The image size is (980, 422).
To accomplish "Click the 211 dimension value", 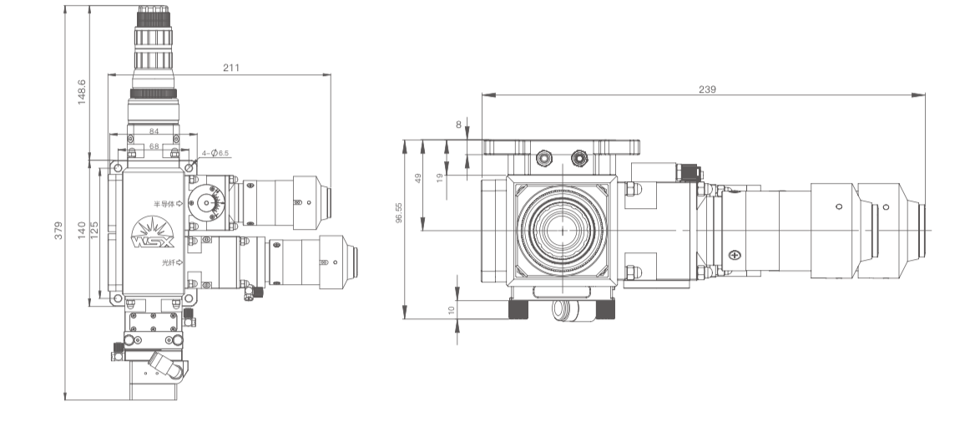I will [x=231, y=68].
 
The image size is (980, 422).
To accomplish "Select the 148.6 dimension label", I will [x=82, y=93].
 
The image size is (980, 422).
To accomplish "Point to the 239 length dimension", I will [x=707, y=89].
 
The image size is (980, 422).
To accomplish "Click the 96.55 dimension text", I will [x=400, y=213].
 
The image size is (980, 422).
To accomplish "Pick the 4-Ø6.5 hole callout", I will [x=218, y=153].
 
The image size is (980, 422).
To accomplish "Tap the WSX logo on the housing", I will [x=154, y=234].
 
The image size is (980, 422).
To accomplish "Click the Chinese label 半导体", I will [x=164, y=203].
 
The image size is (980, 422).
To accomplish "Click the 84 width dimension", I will [x=154, y=131].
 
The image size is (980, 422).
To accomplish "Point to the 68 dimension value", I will [x=154, y=146].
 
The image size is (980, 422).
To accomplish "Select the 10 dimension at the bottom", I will [x=452, y=310].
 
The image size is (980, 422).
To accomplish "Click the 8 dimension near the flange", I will [x=458, y=125].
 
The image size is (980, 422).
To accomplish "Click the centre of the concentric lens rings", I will [x=562, y=230].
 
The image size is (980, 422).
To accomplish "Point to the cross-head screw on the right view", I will [x=734, y=254].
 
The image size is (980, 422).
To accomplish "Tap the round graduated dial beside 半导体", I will [x=205, y=203].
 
